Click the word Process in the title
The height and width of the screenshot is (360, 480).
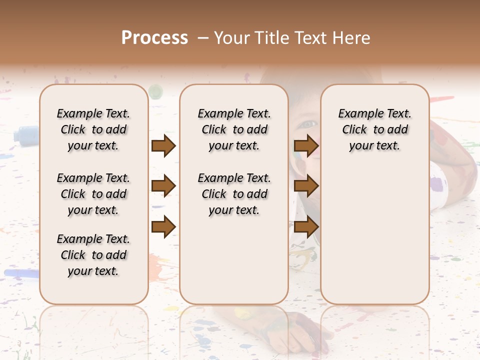(x=154, y=38)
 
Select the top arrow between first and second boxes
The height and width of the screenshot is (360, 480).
(x=163, y=146)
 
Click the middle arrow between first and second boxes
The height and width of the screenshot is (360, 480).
(x=163, y=186)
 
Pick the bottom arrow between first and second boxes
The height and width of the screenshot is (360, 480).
(x=163, y=226)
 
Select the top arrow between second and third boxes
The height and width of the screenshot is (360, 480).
(x=306, y=146)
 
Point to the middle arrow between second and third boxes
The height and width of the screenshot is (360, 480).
(x=306, y=186)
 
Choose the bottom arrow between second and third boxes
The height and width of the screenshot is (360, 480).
(x=306, y=226)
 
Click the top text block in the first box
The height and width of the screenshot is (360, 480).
(x=93, y=129)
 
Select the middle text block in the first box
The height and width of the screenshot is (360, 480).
(x=93, y=194)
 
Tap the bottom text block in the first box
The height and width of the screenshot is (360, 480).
(x=93, y=255)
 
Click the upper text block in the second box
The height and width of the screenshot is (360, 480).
(x=234, y=129)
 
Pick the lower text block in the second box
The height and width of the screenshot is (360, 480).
(x=234, y=194)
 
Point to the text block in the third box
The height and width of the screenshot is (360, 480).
(x=374, y=129)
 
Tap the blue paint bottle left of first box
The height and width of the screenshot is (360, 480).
(x=25, y=134)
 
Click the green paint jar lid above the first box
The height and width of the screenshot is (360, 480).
(x=156, y=91)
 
